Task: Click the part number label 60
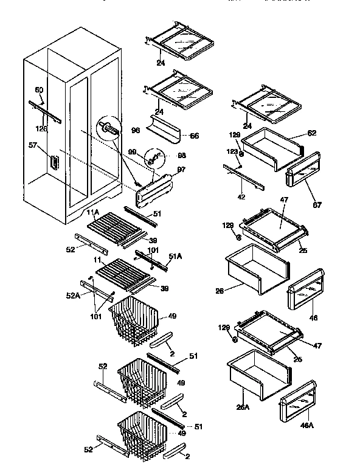point(39,90)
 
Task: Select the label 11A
point(92,212)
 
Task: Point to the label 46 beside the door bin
point(314,317)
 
